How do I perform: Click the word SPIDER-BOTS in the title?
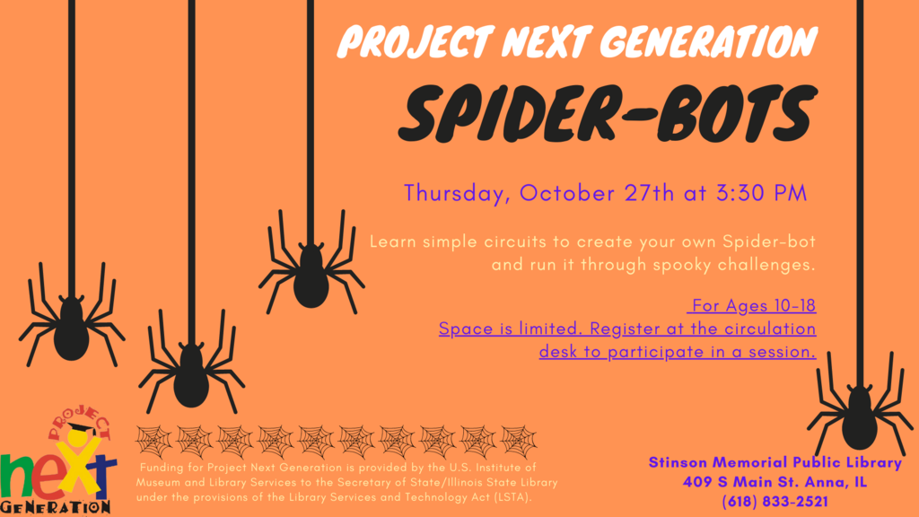click(608, 114)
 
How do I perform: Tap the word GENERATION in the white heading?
click(709, 42)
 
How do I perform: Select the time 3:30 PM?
click(761, 194)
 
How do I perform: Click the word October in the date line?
click(567, 194)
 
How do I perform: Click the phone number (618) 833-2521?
click(775, 502)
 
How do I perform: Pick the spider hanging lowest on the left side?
click(191, 364)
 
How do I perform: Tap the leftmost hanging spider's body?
click(72, 329)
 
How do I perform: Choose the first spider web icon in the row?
click(153, 442)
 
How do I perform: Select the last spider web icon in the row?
click(519, 442)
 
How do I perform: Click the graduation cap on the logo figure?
click(81, 430)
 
